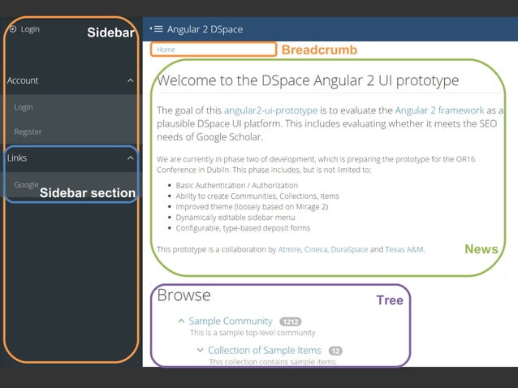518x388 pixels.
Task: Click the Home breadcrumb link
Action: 166,50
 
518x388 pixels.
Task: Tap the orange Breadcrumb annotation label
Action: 319,50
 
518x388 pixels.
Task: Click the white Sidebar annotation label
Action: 111,32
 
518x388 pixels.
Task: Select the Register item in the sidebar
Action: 28,131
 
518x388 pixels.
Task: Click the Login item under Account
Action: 24,107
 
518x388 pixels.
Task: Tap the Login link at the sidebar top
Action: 29,29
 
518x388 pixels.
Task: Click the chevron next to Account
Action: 131,81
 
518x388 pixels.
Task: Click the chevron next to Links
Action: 131,158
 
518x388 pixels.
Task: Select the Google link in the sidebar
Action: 26,184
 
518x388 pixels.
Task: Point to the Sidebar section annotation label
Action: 88,193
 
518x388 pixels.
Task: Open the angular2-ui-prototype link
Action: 260,110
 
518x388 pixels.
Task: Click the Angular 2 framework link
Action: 439,110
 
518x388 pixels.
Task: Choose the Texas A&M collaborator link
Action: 404,249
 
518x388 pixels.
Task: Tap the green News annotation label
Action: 481,249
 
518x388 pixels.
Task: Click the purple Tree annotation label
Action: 389,300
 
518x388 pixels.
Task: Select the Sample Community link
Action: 231,321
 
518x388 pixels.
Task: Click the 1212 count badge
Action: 290,322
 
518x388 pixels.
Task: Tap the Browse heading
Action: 183,295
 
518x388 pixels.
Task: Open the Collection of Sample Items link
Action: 264,351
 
